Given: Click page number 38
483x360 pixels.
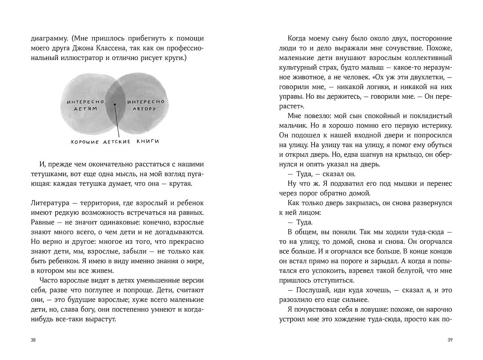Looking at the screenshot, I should point(33,340).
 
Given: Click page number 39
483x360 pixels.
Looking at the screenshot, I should point(450,340).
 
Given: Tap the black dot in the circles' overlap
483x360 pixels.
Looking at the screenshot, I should point(115,104).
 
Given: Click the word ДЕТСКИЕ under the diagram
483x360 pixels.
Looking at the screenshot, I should point(116,142).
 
